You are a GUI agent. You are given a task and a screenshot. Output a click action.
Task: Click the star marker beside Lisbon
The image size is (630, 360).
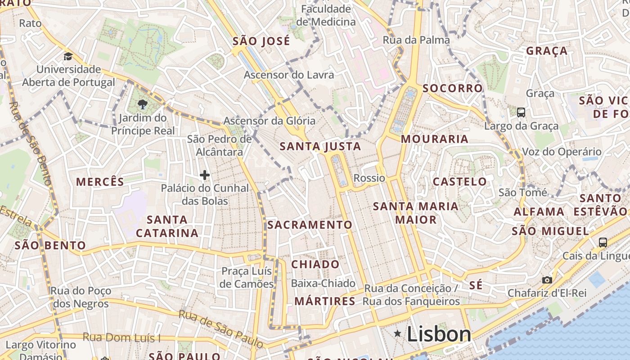coord(397,333)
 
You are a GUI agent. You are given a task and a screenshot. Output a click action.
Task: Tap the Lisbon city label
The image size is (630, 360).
coord(439,334)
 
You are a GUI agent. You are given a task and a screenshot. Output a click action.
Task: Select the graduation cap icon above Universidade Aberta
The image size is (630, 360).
coord(68,56)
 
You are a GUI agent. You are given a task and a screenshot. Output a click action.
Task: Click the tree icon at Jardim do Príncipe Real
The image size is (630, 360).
coord(143,105)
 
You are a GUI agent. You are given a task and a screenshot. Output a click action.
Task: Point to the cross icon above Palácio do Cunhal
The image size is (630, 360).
coord(205,175)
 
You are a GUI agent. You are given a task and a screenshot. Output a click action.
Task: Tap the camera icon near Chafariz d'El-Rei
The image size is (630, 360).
coord(547,280)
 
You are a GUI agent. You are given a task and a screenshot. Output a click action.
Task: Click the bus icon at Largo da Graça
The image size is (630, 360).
coord(521,112)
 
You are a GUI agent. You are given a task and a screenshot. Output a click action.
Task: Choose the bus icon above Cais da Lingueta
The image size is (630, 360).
coord(603,243)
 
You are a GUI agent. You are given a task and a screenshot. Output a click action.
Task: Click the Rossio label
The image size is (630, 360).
coord(369,178)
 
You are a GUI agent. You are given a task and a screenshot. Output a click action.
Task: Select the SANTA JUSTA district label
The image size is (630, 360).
coord(320,146)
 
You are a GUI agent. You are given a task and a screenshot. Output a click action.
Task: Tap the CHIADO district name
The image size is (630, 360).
coord(315,265)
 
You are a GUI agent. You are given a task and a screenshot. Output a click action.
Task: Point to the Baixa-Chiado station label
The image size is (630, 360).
coord(323,283)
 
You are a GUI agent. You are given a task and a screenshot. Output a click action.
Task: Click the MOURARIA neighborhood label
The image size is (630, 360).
coord(435,139)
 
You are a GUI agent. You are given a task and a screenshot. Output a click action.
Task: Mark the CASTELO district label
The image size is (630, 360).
coord(459,182)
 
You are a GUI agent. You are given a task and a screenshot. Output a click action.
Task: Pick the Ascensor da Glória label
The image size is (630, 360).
coord(270,121)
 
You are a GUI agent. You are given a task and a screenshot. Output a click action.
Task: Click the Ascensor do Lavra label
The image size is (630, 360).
coord(289,75)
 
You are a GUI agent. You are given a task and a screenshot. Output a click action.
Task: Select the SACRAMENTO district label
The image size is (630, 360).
coord(310,225)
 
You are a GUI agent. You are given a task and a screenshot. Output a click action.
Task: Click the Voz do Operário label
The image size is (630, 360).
coord(562,152)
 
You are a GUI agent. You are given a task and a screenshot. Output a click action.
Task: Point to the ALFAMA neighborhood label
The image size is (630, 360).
coord(539,211)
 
